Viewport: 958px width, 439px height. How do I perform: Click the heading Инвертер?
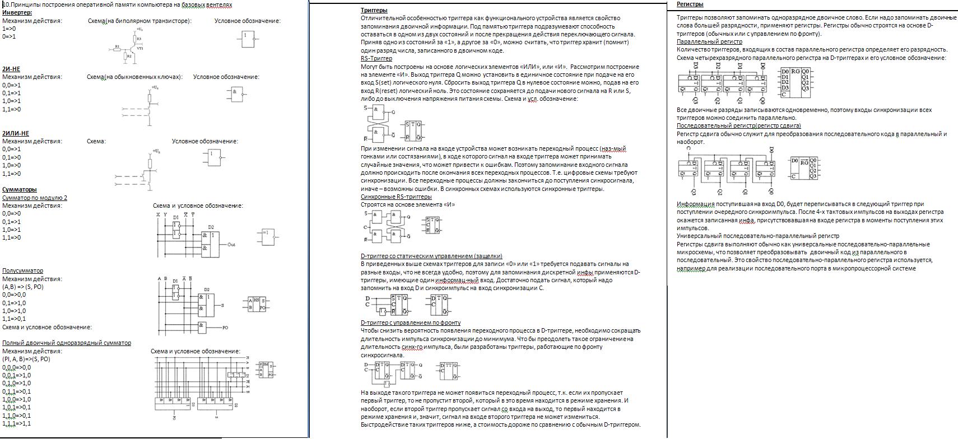(17, 12)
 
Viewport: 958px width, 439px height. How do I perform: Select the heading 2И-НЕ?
(11, 69)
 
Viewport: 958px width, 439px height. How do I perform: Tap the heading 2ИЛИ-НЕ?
(16, 133)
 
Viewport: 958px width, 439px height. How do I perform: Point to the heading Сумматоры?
(20, 189)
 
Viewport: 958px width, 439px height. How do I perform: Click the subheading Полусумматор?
(22, 270)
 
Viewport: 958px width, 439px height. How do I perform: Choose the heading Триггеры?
(374, 10)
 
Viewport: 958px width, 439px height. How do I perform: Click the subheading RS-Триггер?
(376, 58)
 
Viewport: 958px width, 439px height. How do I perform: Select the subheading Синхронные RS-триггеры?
(396, 197)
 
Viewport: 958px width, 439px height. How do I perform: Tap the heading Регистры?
(690, 4)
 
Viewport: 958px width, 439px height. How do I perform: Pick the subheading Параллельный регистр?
(709, 41)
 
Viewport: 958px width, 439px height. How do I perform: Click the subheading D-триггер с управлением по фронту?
(411, 323)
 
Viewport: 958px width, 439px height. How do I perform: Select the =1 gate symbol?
(267, 236)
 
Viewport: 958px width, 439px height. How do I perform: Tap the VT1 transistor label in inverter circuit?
(140, 49)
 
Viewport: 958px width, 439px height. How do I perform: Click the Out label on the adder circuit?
(231, 245)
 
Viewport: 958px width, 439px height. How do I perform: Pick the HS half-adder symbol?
(257, 304)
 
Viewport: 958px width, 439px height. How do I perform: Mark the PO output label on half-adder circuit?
(225, 328)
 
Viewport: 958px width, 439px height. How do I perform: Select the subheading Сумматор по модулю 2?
(35, 198)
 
